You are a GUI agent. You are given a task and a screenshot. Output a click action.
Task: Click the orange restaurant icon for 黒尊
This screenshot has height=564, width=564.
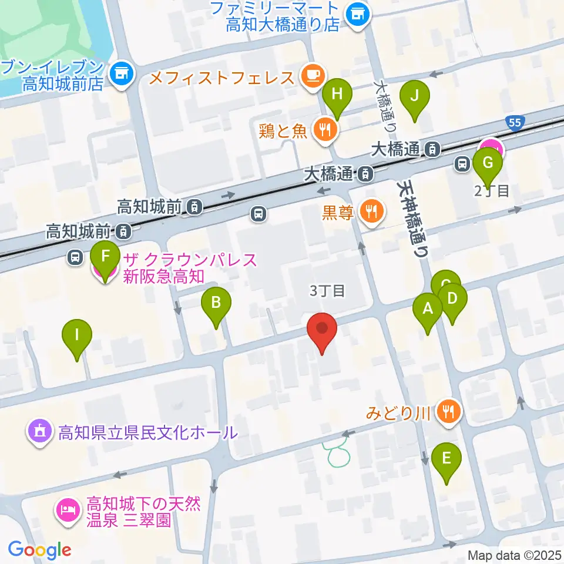click(x=371, y=211)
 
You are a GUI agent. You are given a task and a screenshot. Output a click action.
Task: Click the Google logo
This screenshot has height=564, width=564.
click(x=39, y=549)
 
